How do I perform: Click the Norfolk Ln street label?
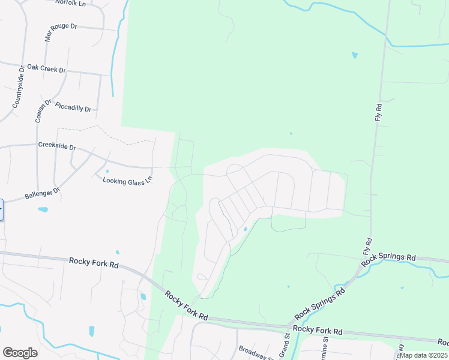click(70, 4)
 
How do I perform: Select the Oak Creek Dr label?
click(46, 68)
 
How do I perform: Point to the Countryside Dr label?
click(17, 87)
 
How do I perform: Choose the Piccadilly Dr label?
click(73, 107)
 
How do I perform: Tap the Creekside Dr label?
click(57, 146)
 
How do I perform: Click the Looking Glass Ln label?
click(128, 181)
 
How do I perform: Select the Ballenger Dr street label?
click(43, 194)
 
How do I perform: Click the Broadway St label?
click(256, 352)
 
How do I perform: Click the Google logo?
click(20, 353)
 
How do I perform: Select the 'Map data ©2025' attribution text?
click(423, 355)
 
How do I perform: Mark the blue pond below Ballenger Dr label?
click(43, 210)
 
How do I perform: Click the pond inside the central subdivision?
click(245, 229)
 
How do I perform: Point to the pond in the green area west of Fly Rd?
click(354, 55)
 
